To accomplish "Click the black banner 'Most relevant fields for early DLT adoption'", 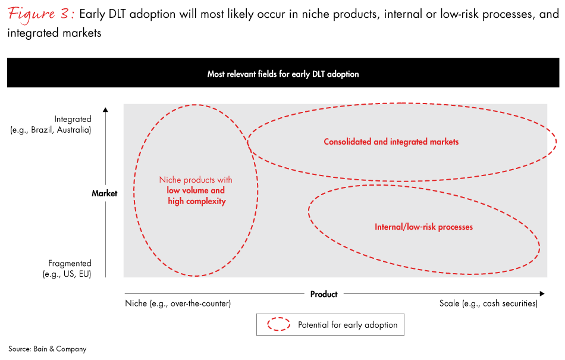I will (x=283, y=74).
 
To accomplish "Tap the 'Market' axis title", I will (x=104, y=193).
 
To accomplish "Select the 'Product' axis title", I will (x=324, y=294).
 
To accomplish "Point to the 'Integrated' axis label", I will (x=73, y=119).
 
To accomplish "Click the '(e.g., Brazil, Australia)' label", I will (x=51, y=130).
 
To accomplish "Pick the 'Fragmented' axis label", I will (x=70, y=263).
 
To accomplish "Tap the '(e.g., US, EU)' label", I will (x=67, y=274).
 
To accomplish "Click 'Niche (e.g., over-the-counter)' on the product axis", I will (x=178, y=303).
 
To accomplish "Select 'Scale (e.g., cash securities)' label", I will (x=488, y=303).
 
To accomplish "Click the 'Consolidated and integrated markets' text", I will (x=391, y=142).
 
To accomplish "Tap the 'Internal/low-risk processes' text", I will (x=423, y=227).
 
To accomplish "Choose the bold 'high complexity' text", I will (x=197, y=202).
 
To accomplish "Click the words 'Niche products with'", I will (x=196, y=180).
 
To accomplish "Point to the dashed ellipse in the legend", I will (x=278, y=325).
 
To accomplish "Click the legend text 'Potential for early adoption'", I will (x=347, y=325).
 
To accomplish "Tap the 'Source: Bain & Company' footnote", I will (x=47, y=349).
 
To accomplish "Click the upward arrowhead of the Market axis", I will (x=105, y=109).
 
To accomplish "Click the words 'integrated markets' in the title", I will (x=54, y=33).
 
